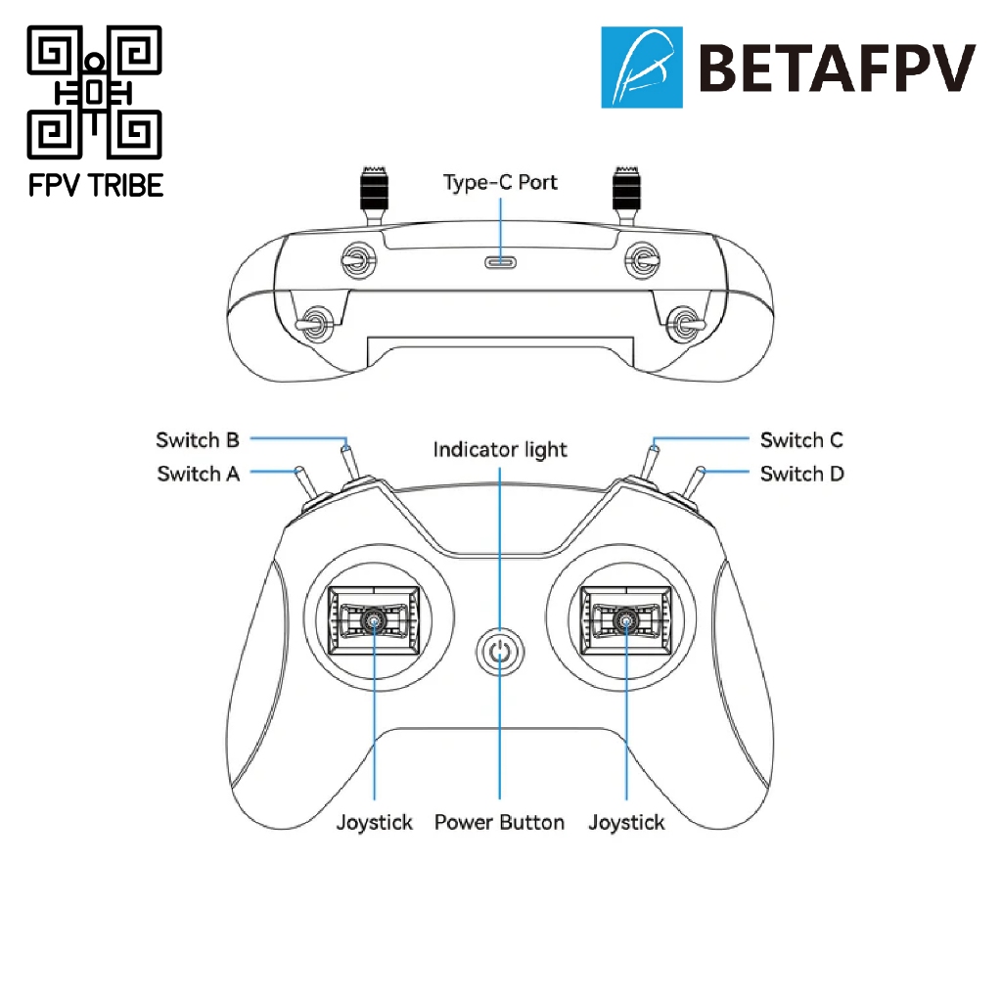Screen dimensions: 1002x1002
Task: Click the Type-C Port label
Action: [x=500, y=183]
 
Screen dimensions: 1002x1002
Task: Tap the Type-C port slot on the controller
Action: [x=501, y=261]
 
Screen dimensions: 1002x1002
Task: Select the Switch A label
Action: [x=198, y=474]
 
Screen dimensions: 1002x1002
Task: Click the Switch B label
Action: [x=198, y=440]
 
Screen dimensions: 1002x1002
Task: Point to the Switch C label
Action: [x=801, y=440]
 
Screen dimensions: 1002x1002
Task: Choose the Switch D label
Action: [x=802, y=474]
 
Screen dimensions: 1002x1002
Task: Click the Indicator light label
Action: [x=500, y=450]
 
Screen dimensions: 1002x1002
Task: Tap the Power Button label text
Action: [x=499, y=822]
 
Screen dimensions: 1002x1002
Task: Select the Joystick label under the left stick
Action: [x=375, y=822]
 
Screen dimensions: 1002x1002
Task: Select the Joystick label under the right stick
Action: [x=626, y=822]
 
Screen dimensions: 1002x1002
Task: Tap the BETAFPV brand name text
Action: [x=837, y=68]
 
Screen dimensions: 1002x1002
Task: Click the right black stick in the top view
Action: [x=626, y=192]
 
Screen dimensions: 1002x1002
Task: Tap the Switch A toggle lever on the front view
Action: [x=305, y=483]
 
